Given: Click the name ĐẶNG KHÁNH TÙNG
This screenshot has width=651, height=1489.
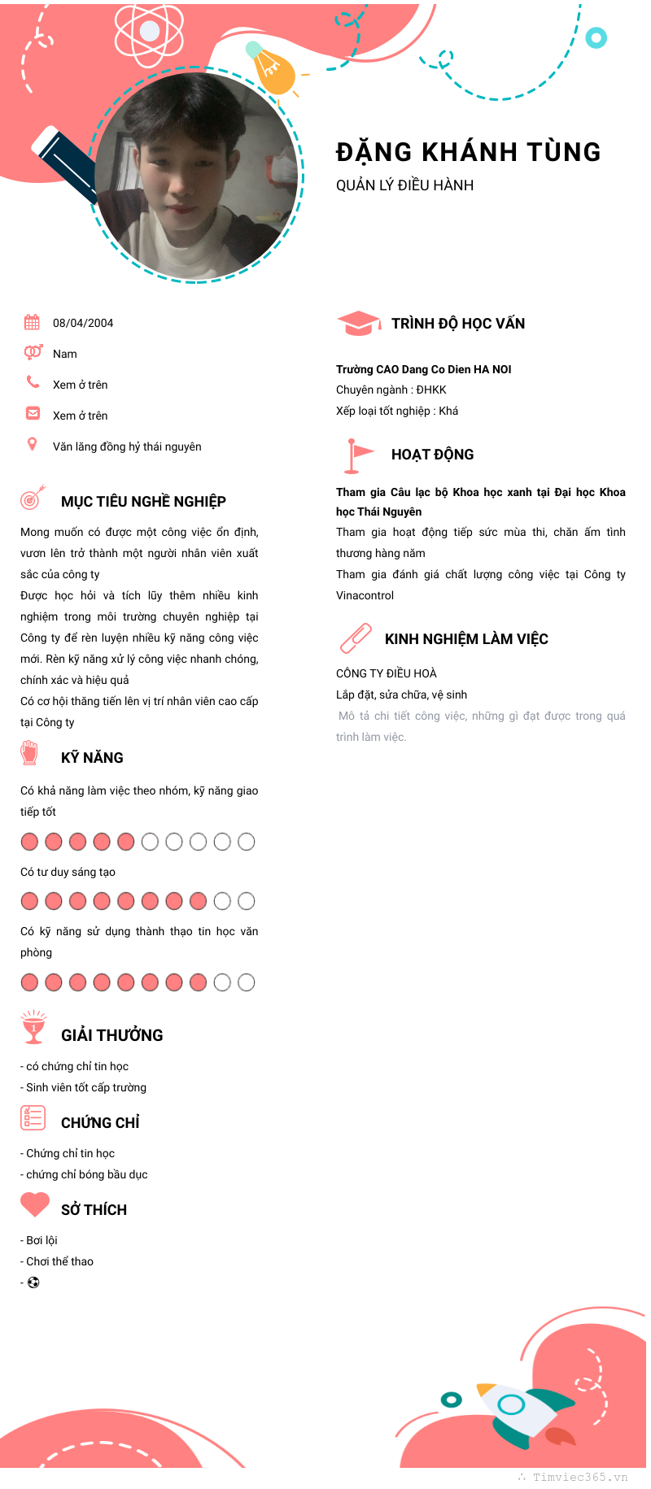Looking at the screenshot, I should (468, 152).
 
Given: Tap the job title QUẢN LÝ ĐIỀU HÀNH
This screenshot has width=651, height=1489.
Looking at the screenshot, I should (404, 185).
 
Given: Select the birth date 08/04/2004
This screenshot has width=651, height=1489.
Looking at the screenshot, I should (83, 323).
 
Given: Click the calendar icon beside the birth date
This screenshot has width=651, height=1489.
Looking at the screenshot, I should (32, 322).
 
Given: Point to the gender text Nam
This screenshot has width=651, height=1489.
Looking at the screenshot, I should (65, 354).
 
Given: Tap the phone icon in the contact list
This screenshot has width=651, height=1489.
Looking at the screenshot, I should (33, 381).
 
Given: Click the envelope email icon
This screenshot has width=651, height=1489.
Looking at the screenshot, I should (33, 413).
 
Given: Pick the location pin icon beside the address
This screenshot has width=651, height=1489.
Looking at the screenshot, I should (33, 444).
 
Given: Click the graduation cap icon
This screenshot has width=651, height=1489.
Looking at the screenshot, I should (358, 323).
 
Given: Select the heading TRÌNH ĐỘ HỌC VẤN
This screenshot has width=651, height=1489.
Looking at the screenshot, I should (458, 324).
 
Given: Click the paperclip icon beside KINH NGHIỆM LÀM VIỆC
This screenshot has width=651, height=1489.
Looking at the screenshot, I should (356, 638).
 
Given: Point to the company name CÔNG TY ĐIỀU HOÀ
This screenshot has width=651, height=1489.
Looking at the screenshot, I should (387, 673).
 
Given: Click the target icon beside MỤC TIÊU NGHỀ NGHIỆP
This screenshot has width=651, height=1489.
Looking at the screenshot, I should (33, 498).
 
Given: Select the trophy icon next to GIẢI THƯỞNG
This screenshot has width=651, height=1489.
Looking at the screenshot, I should (33, 1027).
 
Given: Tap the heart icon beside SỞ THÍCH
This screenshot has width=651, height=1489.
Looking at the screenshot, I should (35, 1204).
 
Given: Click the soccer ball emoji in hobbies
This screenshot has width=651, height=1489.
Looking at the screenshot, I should (33, 1282).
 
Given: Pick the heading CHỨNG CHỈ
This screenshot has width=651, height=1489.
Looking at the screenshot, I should (100, 1123).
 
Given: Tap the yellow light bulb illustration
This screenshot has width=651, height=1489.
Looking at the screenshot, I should (273, 70).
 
